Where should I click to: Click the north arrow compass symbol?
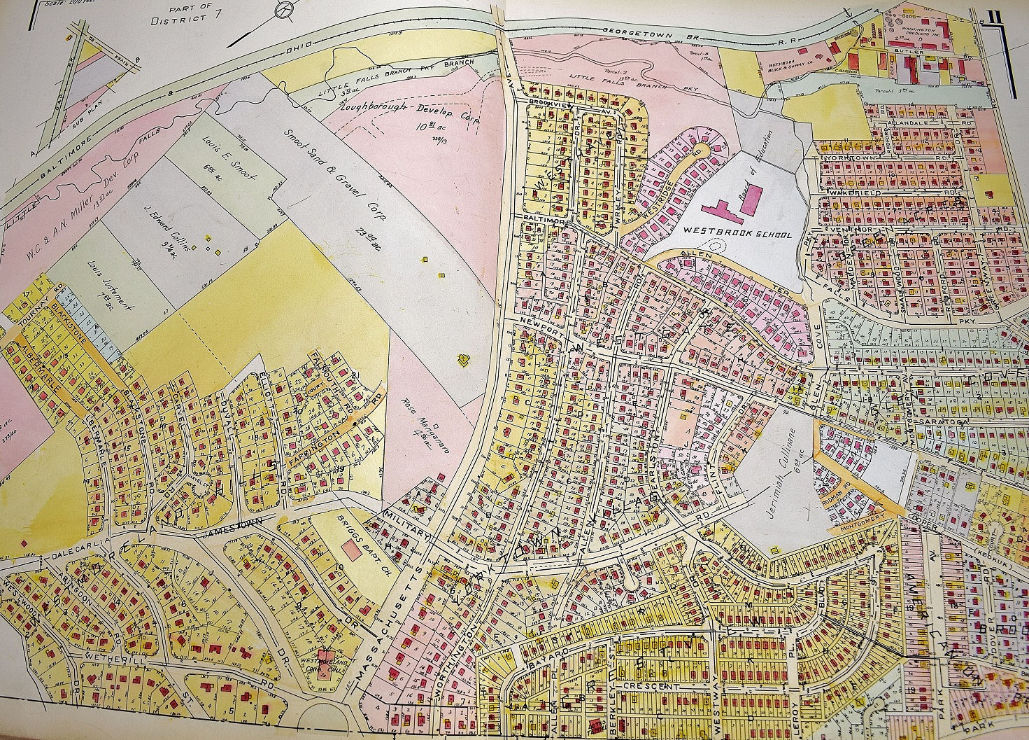[285, 10]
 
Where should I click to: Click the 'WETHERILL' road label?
[104, 659]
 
